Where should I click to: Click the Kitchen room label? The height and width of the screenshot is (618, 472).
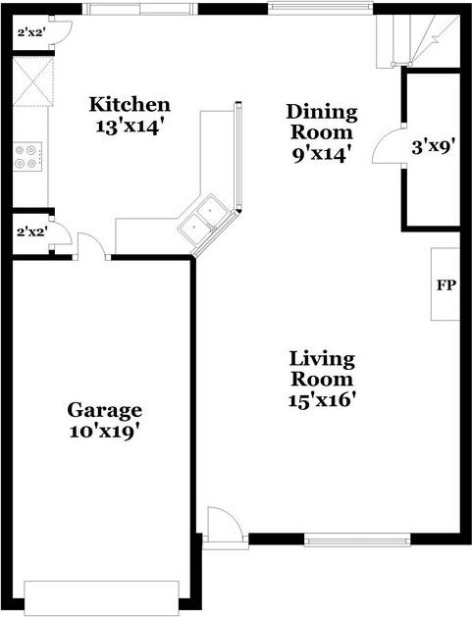point(130,104)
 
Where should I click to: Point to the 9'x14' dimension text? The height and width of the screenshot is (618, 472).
point(321,153)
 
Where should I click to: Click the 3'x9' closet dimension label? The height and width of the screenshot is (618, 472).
point(432,148)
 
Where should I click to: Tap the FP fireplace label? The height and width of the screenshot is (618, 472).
point(445,285)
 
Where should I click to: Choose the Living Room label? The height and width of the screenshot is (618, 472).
point(322,369)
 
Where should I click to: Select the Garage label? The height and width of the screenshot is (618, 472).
point(104,410)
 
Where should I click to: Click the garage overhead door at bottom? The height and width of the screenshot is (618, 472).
point(101,595)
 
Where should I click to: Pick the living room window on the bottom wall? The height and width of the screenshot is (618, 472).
point(356,539)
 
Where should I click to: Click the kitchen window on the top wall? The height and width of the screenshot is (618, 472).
point(138,9)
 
